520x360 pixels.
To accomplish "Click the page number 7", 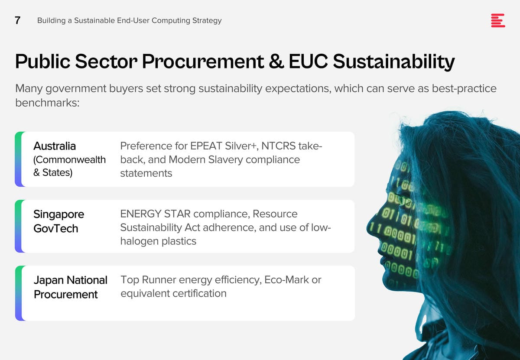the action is [17, 20].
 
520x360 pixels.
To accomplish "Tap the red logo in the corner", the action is [498, 20].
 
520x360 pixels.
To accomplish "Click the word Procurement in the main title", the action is [203, 61].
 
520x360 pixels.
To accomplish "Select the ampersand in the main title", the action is [276, 61].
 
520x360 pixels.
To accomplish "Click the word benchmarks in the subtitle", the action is [47, 103].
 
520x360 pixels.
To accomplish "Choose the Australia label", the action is [55, 146].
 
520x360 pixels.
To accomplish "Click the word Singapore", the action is [59, 214].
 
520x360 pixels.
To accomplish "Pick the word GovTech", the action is [56, 229].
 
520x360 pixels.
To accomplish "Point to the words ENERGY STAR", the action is [155, 214].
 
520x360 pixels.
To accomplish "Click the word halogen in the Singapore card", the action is [139, 241].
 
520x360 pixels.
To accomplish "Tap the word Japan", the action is [49, 280].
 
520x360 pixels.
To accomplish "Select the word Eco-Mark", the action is [286, 280].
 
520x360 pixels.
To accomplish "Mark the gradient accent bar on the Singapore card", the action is [19, 226].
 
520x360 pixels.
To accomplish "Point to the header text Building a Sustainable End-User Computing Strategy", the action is [129, 21].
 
